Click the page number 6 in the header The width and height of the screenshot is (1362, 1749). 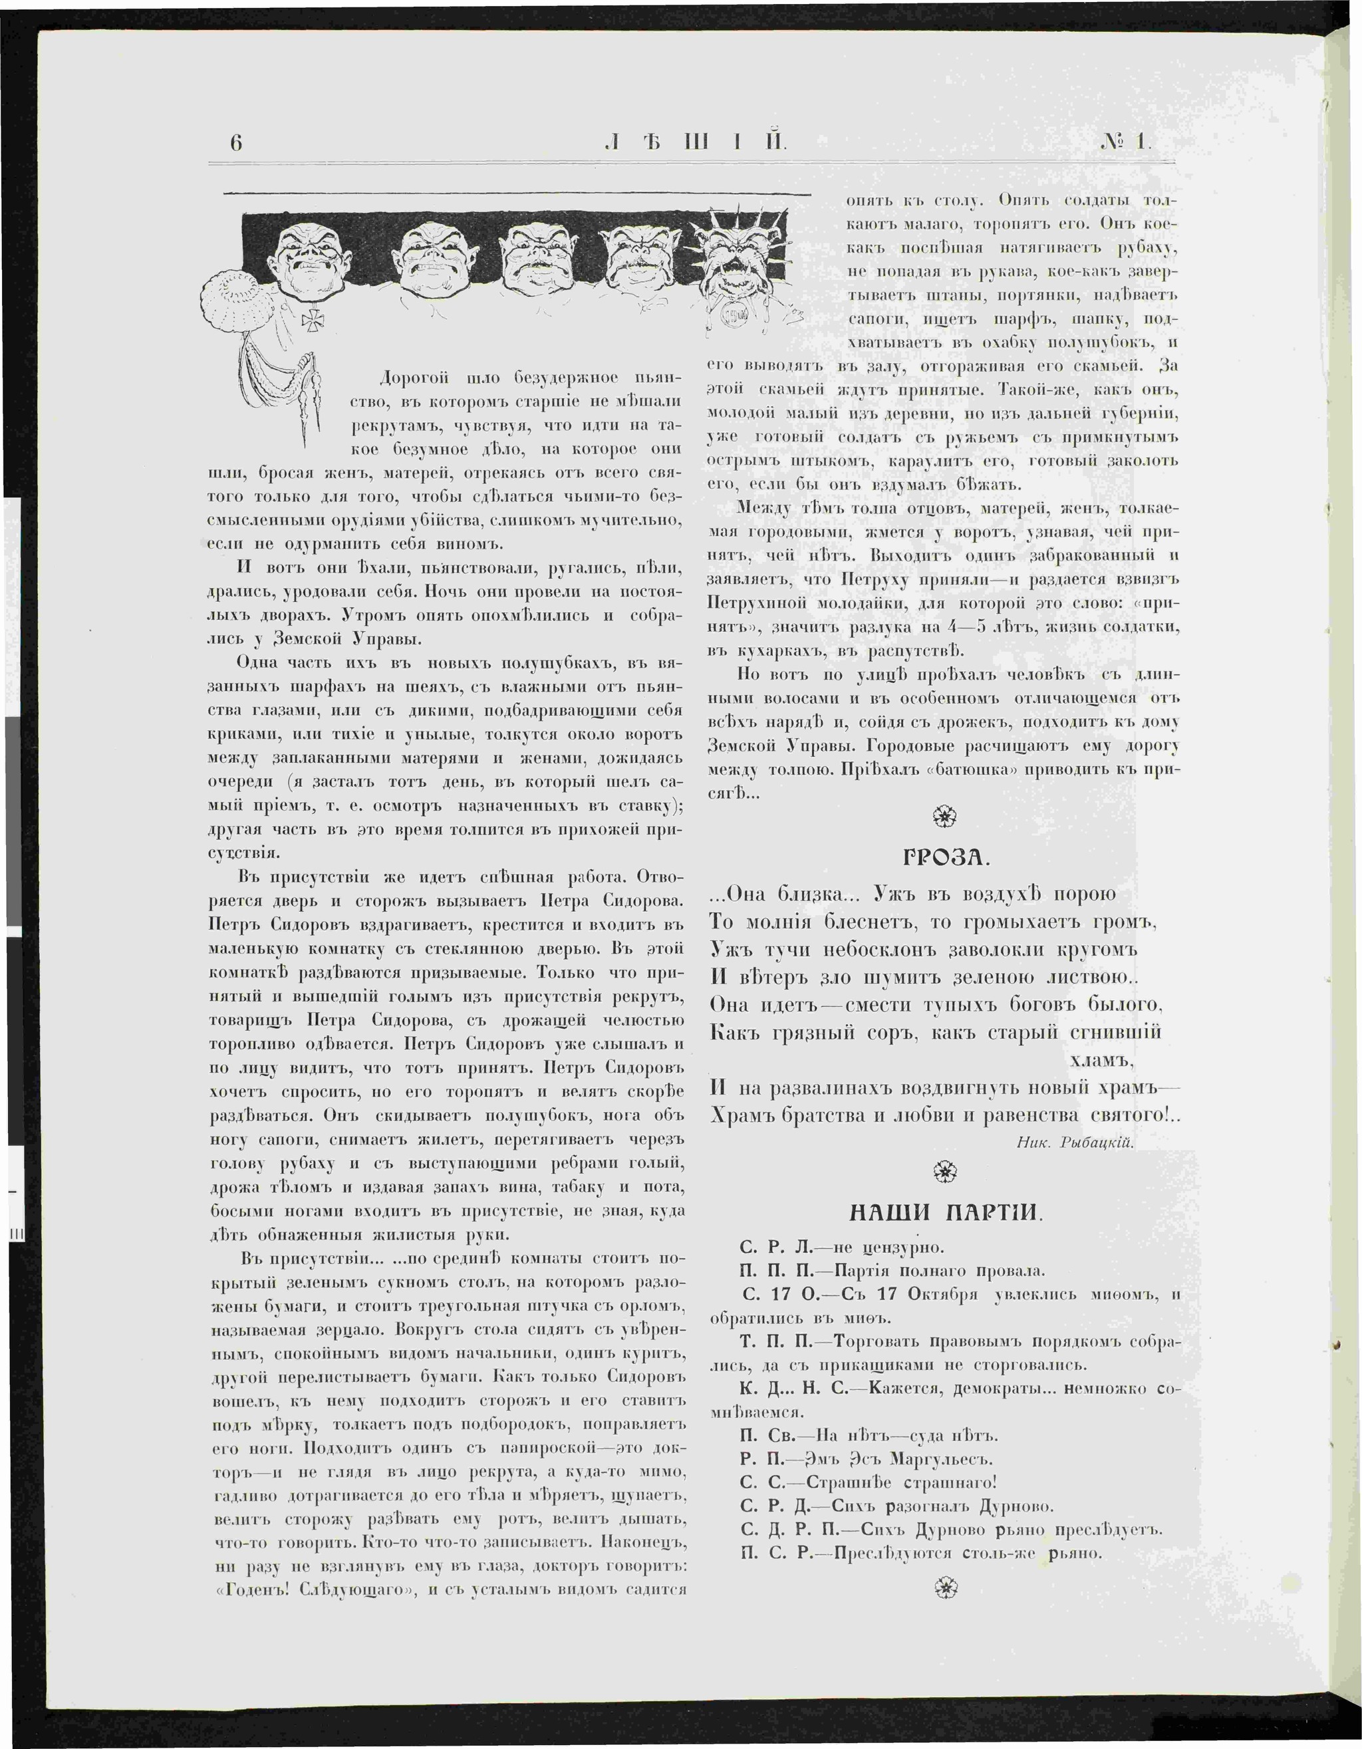(235, 142)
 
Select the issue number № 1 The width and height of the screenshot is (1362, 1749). (1125, 142)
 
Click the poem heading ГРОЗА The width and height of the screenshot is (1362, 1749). (946, 859)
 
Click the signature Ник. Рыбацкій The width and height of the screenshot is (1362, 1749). (1075, 1143)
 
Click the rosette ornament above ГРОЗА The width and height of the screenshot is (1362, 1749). (945, 816)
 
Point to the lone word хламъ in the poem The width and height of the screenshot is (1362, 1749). (1102, 1060)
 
